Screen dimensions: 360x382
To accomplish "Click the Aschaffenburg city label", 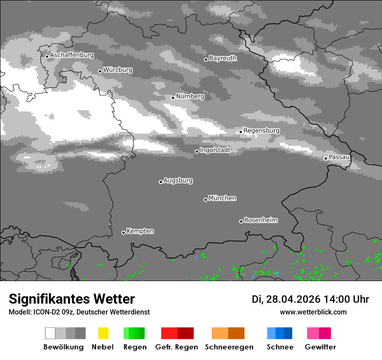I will pyautogui.click(x=72, y=55).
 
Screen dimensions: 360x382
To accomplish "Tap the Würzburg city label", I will pyautogui.click(x=118, y=70).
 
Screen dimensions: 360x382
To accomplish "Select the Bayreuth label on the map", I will pyautogui.click(x=223, y=58).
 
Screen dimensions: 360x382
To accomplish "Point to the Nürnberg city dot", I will pyautogui.click(x=173, y=98).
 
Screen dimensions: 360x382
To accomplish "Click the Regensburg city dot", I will pyautogui.click(x=240, y=132).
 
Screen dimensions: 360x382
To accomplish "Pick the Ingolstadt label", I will pyautogui.click(x=215, y=150).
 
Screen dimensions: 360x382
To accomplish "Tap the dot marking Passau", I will pyautogui.click(x=326, y=158).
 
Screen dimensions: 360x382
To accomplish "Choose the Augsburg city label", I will pyautogui.click(x=178, y=180).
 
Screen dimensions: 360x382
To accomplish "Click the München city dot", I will pyautogui.click(x=205, y=200).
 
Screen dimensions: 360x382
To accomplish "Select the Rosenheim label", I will pyautogui.click(x=260, y=220).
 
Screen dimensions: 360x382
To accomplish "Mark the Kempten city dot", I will pyautogui.click(x=123, y=232).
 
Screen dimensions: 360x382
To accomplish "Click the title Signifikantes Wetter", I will pyautogui.click(x=72, y=299).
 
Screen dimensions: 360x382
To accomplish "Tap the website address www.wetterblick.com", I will pyautogui.click(x=313, y=312).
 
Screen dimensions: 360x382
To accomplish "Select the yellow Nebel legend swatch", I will pyautogui.click(x=103, y=333).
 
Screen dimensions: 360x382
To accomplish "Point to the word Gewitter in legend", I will pyautogui.click(x=320, y=347).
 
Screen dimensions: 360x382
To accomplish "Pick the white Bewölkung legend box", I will pyautogui.click(x=50, y=333).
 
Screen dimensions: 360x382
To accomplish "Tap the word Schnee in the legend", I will pyautogui.click(x=280, y=347).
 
